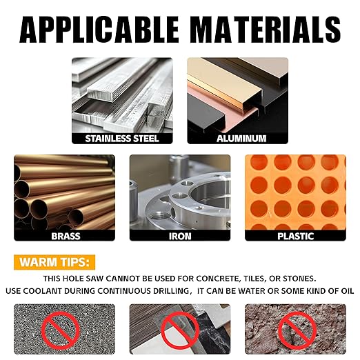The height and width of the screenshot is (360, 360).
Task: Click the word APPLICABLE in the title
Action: pyautogui.click(x=99, y=30)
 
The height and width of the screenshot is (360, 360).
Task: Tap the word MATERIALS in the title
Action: pyautogui.click(x=266, y=30)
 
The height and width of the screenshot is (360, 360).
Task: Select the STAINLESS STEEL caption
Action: pyautogui.click(x=122, y=139)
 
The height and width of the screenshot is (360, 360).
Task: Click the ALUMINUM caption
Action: pyautogui.click(x=241, y=139)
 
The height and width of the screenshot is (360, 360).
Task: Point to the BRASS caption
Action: pyautogui.click(x=66, y=236)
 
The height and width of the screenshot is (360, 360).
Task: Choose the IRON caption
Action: pyautogui.click(x=180, y=236)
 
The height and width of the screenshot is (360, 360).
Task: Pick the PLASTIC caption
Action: pyautogui.click(x=296, y=236)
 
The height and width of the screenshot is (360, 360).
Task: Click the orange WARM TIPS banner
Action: pyautogui.click(x=54, y=262)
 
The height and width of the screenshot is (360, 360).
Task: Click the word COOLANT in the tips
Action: pyautogui.click(x=43, y=291)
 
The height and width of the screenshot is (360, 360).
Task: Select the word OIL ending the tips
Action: pyautogui.click(x=347, y=291)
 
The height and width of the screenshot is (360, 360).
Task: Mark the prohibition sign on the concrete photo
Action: pyautogui.click(x=61, y=331)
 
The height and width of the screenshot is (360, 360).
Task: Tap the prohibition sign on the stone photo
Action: pyautogui.click(x=297, y=331)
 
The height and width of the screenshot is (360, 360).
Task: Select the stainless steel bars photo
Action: pyautogui.click(x=122, y=95)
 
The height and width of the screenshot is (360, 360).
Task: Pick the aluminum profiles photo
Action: pyautogui.click(x=238, y=95)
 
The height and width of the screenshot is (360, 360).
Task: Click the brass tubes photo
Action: pyautogui.click(x=64, y=192)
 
